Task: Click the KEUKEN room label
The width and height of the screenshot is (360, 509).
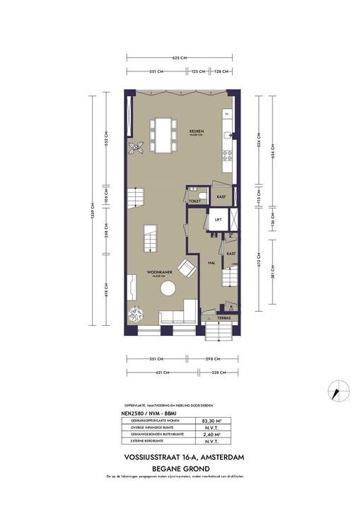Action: tap(196, 131)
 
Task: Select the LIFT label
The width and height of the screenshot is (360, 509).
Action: tap(219, 220)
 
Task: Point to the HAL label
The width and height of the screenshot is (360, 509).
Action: tap(211, 262)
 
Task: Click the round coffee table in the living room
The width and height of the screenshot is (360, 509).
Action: tap(168, 288)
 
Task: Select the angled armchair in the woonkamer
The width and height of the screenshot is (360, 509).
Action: tap(187, 269)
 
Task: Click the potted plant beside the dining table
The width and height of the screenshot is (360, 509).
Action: tap(136, 146)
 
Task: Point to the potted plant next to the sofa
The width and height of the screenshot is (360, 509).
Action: tap(135, 313)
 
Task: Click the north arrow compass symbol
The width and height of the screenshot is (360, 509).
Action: tap(337, 388)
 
